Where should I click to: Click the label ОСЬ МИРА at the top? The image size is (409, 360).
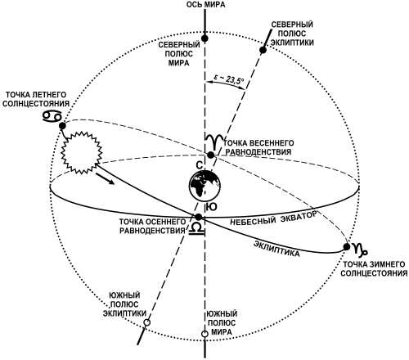205,4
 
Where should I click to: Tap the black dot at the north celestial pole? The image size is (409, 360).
204,38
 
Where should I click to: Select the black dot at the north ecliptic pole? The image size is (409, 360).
263,50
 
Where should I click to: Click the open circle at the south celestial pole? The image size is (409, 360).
204,334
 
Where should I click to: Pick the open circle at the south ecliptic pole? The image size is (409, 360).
147,322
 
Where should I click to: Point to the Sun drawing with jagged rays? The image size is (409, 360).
81,152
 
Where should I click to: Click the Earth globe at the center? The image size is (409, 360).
204,186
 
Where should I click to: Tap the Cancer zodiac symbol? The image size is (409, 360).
52,116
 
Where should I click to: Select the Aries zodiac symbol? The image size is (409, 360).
214,142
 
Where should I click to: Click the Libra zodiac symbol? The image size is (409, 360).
196,228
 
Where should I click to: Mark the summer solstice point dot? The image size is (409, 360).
62,126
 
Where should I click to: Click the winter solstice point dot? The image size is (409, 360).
347,247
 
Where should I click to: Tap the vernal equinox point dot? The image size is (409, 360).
210,155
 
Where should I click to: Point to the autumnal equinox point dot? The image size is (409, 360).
199,217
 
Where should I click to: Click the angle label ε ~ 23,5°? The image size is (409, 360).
228,79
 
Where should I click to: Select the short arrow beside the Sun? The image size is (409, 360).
105,179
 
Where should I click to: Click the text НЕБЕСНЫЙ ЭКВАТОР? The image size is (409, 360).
273,218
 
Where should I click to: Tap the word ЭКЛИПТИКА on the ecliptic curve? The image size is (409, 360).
276,249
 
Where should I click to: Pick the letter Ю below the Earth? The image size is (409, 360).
212,207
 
